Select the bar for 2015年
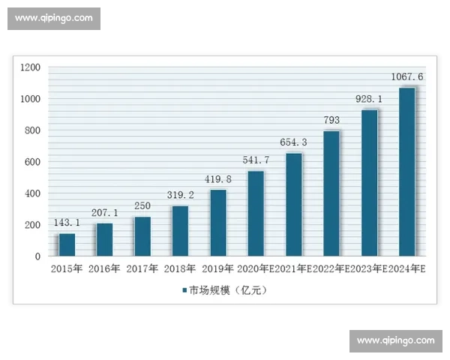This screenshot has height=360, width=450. (x=67, y=244)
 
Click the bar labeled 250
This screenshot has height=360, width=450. (x=142, y=236)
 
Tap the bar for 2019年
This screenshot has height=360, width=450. (x=218, y=223)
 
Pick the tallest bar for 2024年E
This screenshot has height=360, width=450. (x=407, y=172)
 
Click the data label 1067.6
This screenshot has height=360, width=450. (x=407, y=76)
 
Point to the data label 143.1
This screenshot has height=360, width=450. (x=67, y=223)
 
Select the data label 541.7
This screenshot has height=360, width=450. (x=256, y=160)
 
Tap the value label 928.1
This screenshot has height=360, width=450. (x=370, y=98)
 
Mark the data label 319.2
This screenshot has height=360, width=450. (x=180, y=195)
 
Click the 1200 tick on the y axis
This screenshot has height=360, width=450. (x=30, y=67)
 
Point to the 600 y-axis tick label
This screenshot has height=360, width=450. (x=33, y=162)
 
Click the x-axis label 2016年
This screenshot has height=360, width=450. (x=103, y=269)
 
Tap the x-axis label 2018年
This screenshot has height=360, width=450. (x=179, y=269)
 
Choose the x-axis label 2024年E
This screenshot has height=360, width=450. (x=407, y=269)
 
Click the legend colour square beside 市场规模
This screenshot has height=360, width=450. (x=183, y=290)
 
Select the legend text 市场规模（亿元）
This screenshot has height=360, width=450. (x=228, y=290)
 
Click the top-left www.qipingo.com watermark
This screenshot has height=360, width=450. (x=54, y=18)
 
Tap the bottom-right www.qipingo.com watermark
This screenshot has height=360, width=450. (x=395, y=341)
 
